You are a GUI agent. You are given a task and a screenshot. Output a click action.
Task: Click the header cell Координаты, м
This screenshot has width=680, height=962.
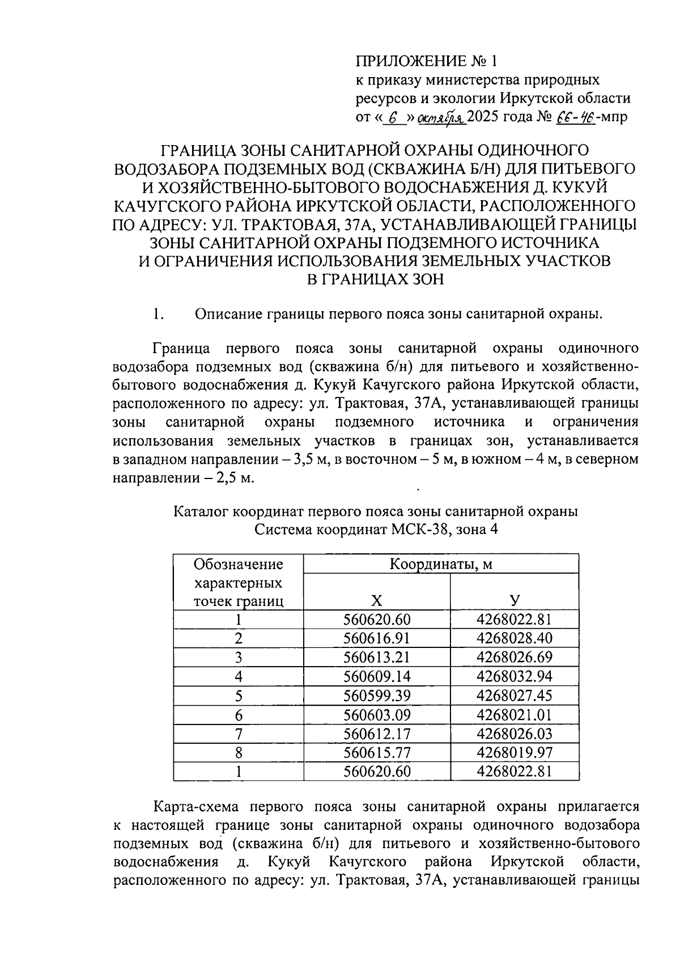[440, 564]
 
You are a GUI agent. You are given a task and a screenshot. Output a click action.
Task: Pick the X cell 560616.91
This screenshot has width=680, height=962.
[376, 638]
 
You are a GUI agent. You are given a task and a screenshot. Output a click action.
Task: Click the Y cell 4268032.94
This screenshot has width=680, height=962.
[514, 676]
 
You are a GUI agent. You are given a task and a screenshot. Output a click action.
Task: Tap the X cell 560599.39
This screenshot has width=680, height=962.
[376, 696]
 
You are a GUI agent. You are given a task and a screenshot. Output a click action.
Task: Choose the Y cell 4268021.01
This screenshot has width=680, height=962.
[514, 714]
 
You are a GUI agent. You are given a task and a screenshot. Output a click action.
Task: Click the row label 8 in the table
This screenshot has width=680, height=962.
[239, 752]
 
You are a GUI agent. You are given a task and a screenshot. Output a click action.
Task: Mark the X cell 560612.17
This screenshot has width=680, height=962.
[376, 734]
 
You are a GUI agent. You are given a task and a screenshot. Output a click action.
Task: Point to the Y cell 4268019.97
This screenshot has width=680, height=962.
[514, 752]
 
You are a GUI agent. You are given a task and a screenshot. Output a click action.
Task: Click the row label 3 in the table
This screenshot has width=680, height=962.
[239, 658]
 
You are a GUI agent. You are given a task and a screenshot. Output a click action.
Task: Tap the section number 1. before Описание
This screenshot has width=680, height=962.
[158, 314]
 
